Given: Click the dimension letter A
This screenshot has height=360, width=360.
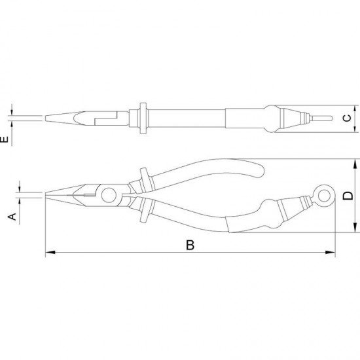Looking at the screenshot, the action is [x=12, y=217].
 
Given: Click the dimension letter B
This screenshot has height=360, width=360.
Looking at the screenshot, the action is [x=190, y=245].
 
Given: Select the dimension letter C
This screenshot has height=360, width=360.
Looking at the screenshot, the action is [x=347, y=118].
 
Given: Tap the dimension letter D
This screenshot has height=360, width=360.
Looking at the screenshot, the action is [x=348, y=196].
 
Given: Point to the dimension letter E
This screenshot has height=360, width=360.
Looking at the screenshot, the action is [x=4, y=139].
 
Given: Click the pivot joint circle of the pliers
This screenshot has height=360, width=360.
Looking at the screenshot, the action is [x=109, y=195].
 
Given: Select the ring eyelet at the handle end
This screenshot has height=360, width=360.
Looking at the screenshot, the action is [x=323, y=196].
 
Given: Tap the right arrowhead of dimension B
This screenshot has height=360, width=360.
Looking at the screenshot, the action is [x=331, y=252].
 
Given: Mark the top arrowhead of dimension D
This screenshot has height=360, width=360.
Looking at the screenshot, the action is [x=355, y=164].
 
